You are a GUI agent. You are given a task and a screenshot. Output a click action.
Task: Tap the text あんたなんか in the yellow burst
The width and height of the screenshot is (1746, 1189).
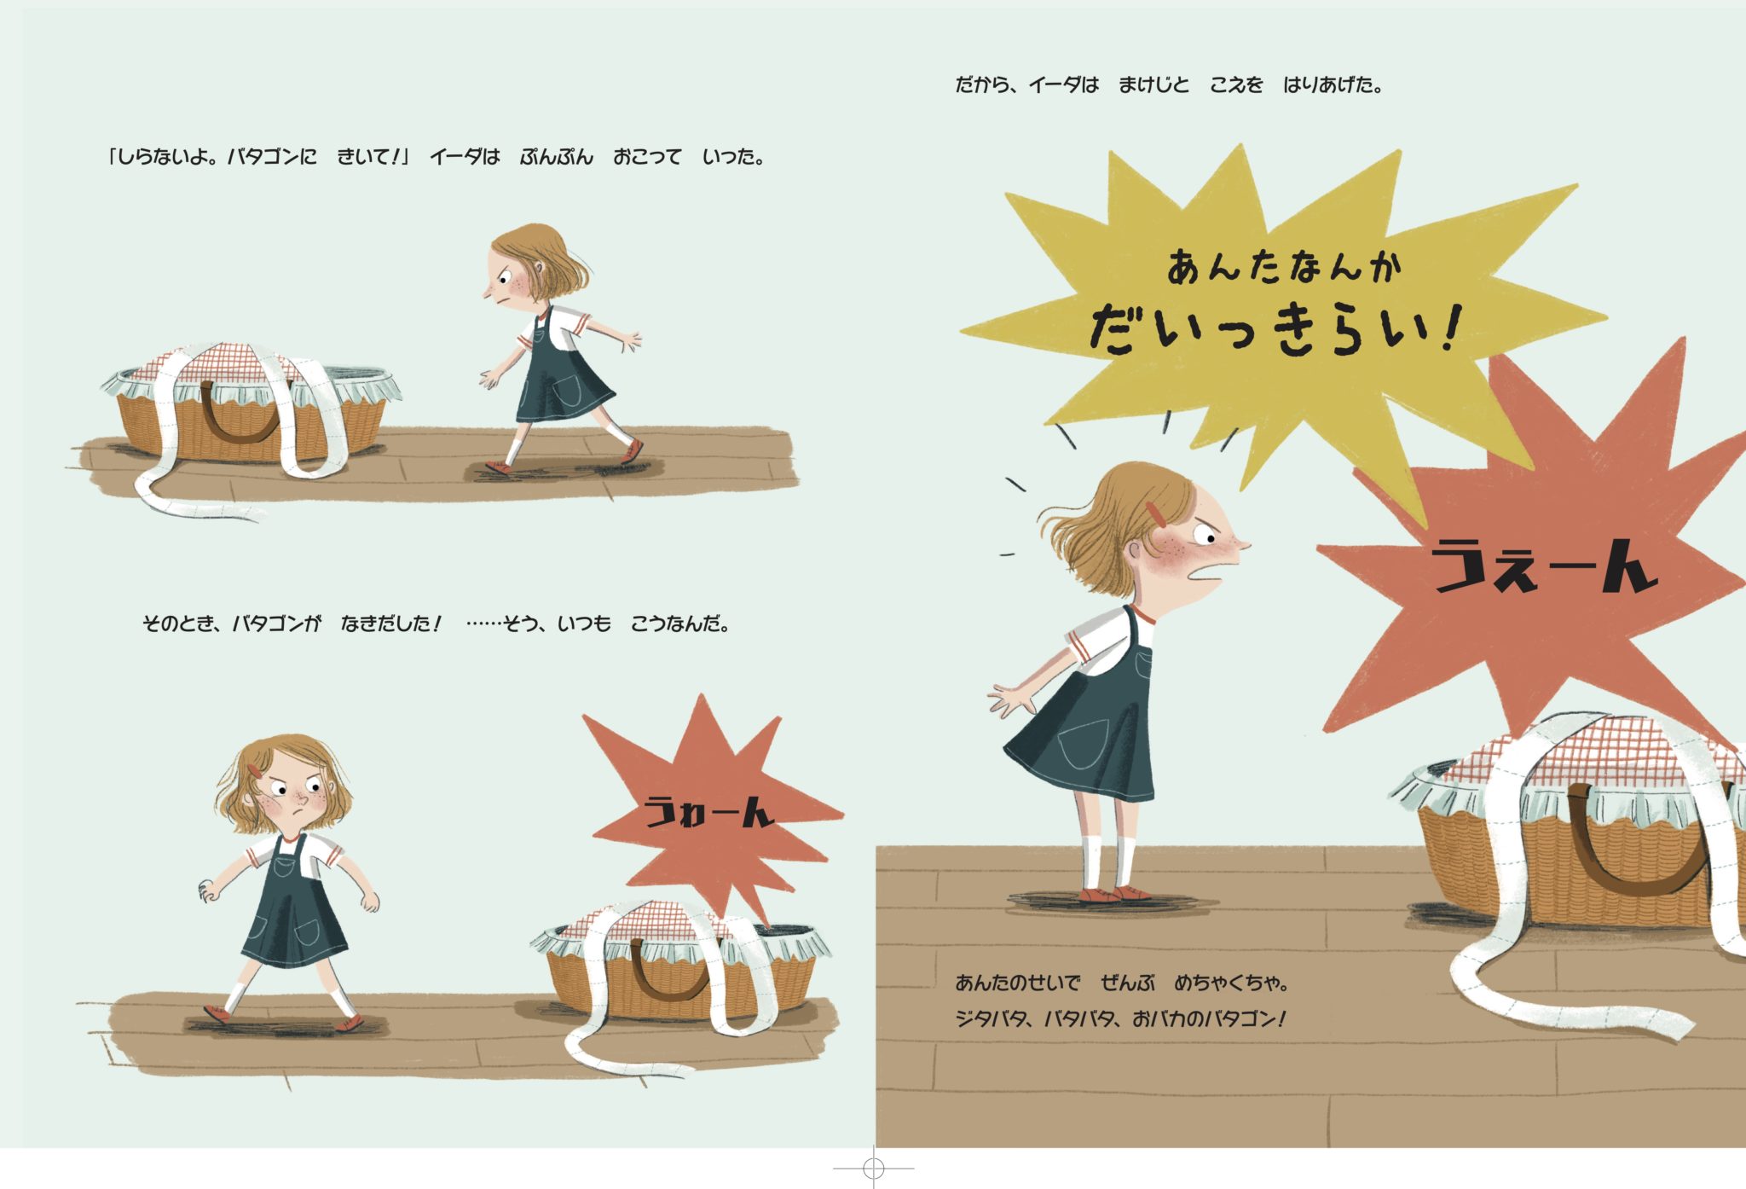pyautogui.click(x=1284, y=266)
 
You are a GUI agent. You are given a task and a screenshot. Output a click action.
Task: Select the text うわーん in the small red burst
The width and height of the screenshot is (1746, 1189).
pyautogui.click(x=708, y=811)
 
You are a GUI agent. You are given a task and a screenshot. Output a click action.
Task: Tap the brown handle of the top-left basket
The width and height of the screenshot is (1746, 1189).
pyautogui.click(x=240, y=415)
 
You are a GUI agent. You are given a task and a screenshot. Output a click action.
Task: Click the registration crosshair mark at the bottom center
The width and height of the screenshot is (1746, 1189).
pyautogui.click(x=873, y=1167)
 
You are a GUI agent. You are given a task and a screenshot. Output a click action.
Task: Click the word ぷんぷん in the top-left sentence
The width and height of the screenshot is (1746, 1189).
pyautogui.click(x=556, y=157)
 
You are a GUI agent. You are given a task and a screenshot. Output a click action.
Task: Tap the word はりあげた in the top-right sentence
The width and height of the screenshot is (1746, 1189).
pyautogui.click(x=1332, y=84)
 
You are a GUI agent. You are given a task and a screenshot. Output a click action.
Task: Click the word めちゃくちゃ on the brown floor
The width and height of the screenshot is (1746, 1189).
pyautogui.click(x=1229, y=983)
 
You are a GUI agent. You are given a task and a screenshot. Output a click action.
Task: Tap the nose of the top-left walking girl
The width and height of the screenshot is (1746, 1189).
pyautogui.click(x=488, y=293)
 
